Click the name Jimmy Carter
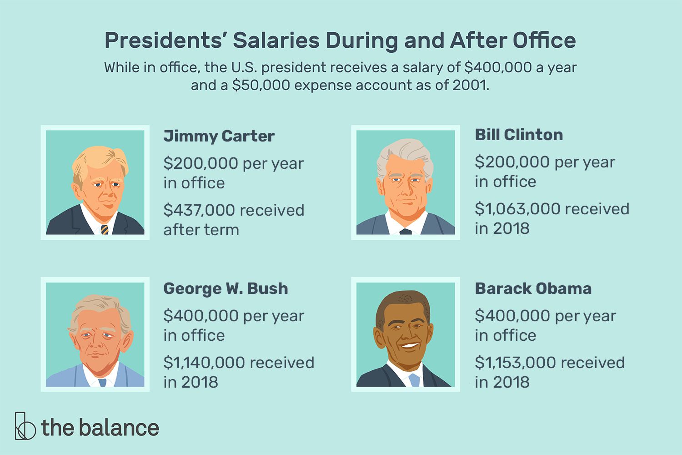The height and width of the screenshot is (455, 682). pos(219,136)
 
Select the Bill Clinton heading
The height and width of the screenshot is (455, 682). pos(519,135)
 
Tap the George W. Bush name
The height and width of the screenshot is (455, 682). pos(226,288)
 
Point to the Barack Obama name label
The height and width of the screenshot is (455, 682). pos(533,288)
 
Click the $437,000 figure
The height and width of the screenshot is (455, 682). pos(200,210)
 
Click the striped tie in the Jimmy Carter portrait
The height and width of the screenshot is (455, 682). pos(105,229)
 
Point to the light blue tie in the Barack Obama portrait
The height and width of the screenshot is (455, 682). pos(414,380)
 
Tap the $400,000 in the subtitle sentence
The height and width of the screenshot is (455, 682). pos(497,67)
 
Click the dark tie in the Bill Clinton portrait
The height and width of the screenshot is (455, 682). pos(406,232)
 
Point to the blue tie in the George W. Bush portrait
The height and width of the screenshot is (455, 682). pos(102,382)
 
